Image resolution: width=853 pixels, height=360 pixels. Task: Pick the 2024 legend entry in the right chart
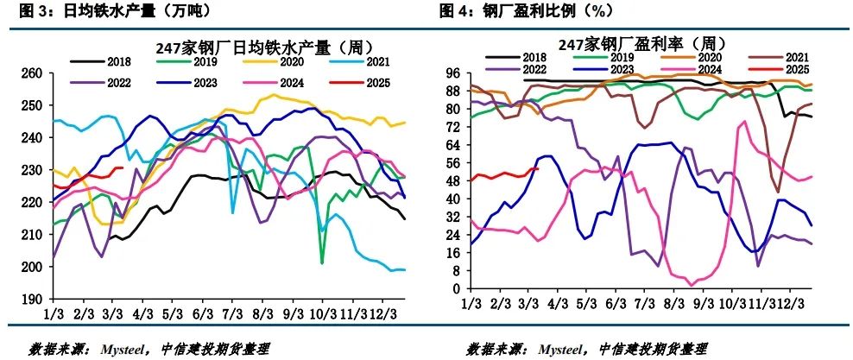point(712,69)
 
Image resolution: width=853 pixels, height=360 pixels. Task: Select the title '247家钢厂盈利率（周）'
point(636,43)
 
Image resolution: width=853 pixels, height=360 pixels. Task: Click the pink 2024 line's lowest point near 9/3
point(691,285)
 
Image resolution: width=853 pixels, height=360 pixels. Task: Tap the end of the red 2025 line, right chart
point(537,169)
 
